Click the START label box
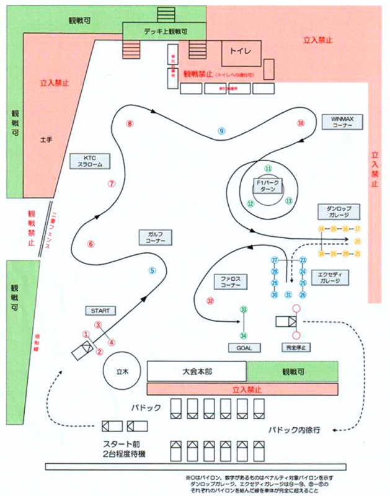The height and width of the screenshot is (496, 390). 99,309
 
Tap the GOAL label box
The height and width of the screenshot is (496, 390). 244,348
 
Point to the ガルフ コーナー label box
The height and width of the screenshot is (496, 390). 156,237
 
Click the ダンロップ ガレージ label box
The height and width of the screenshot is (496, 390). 338,212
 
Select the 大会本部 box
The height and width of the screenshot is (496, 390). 196,371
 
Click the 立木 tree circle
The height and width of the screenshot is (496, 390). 122,371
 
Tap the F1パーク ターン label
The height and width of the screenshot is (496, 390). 267,186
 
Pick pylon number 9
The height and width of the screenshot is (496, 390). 221,131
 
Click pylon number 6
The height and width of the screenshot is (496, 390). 91,244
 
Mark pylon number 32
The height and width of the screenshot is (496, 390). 210,301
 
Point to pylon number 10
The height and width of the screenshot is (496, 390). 301,123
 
